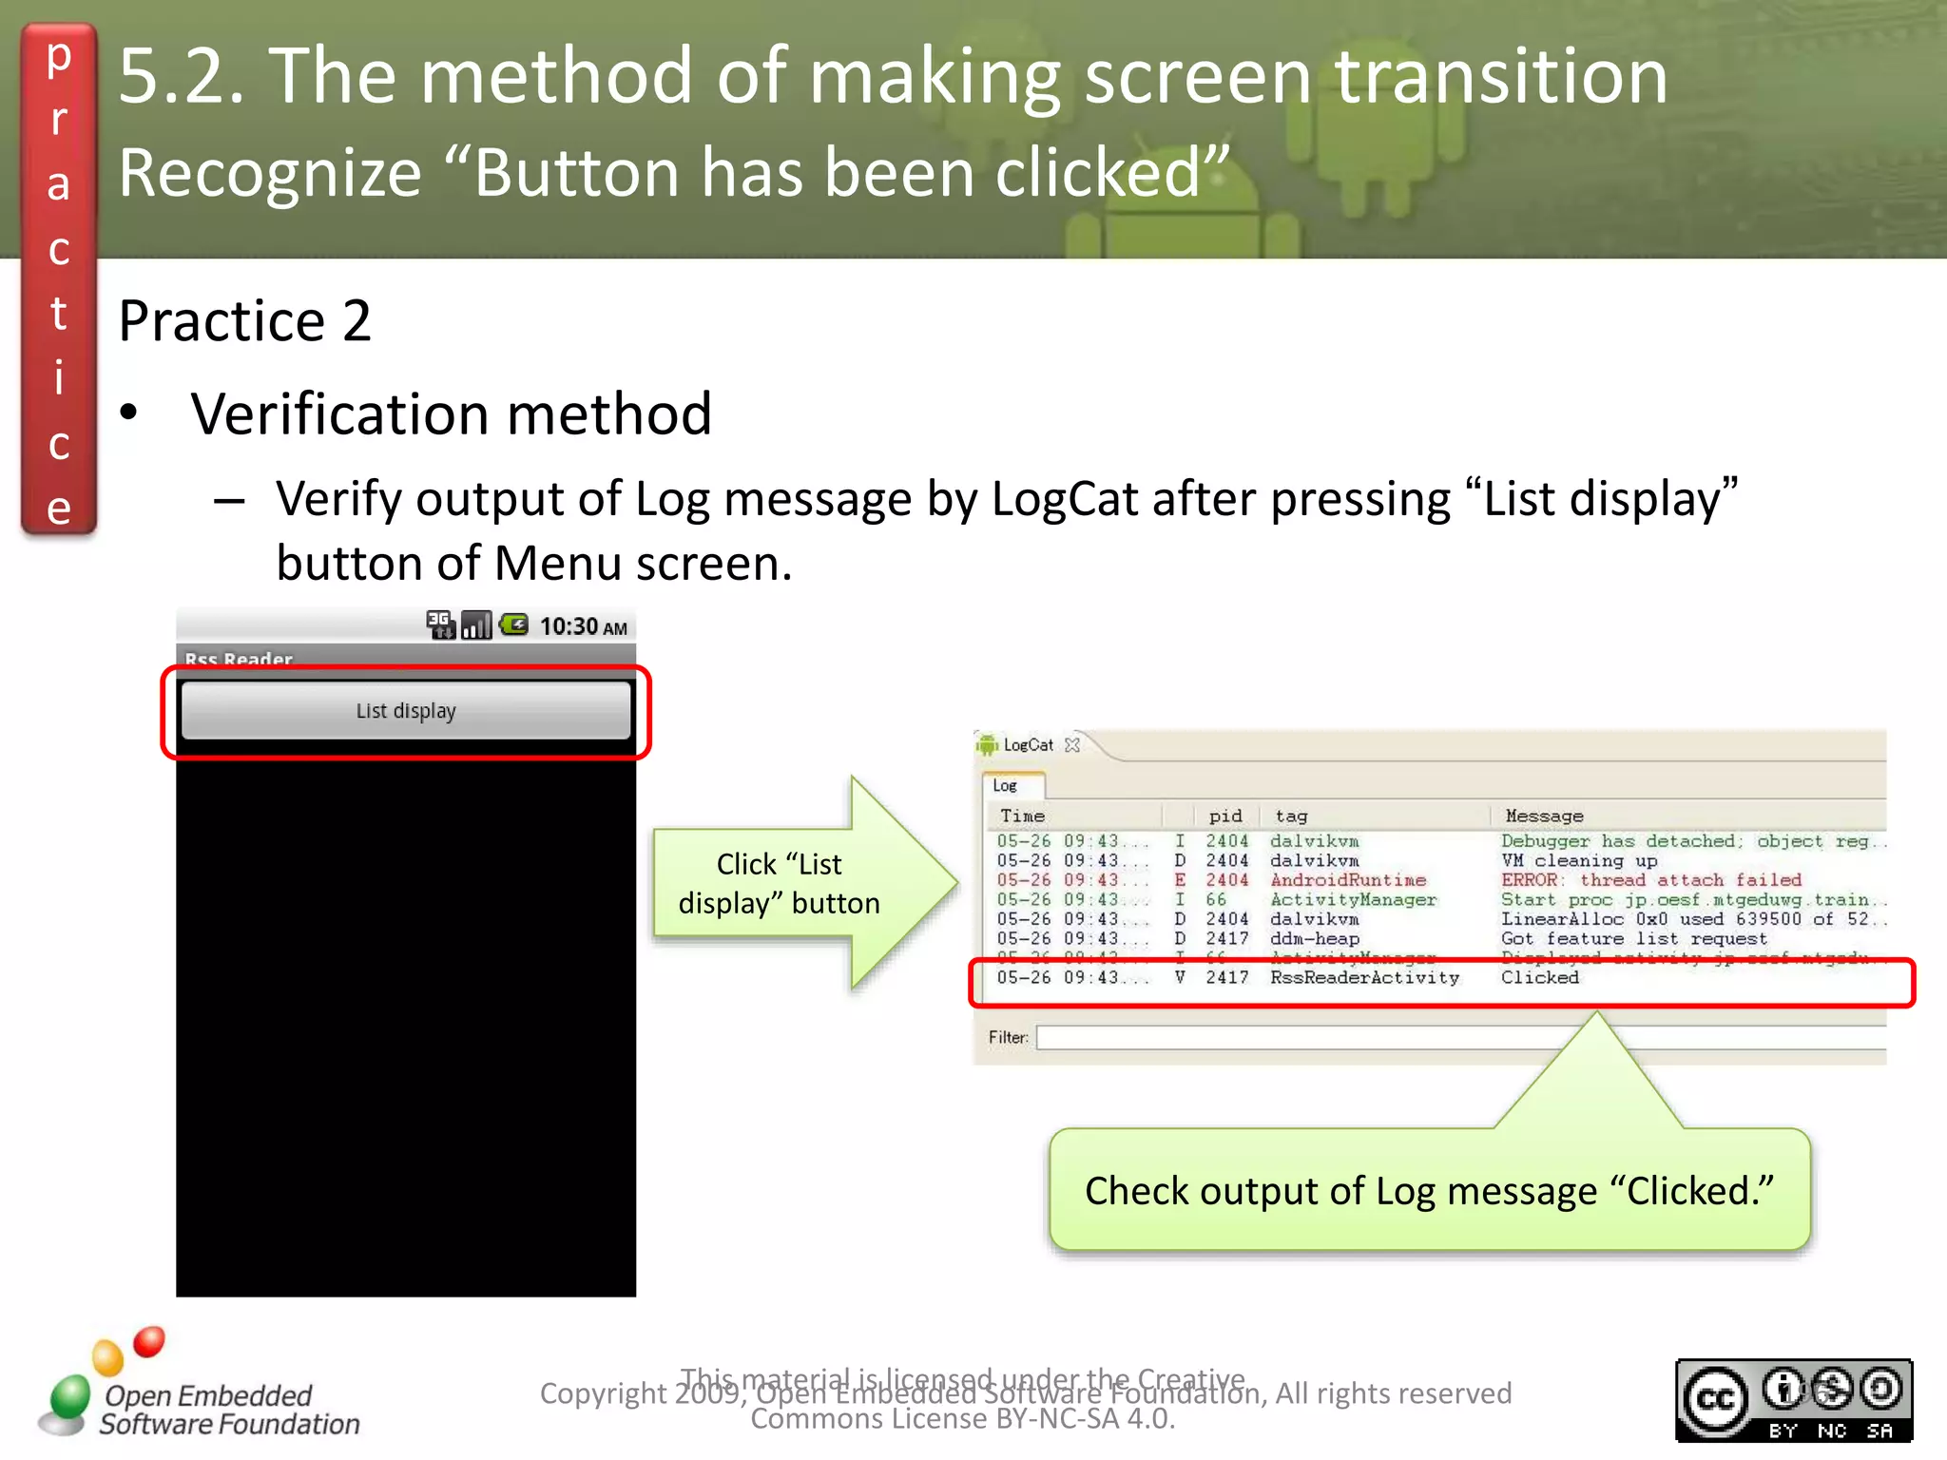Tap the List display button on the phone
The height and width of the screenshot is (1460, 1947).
pyautogui.click(x=406, y=711)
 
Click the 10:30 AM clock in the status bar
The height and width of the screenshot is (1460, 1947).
pyautogui.click(x=583, y=626)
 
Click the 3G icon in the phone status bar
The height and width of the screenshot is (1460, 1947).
pyautogui.click(x=440, y=624)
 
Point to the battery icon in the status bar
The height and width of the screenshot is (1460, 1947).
pyautogui.click(x=514, y=624)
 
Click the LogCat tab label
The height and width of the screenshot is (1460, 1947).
pyautogui.click(x=1027, y=745)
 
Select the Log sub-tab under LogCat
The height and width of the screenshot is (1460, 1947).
pyautogui.click(x=1006, y=786)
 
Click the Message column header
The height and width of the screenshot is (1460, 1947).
pyautogui.click(x=1544, y=816)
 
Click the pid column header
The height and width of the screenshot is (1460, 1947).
pyautogui.click(x=1224, y=816)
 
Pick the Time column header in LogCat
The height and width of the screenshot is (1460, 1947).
pyautogui.click(x=1022, y=816)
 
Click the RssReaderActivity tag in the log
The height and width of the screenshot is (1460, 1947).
pyautogui.click(x=1364, y=977)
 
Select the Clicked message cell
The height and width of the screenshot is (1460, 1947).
pyautogui.click(x=1539, y=977)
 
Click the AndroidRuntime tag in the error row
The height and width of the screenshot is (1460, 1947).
pyautogui.click(x=1347, y=880)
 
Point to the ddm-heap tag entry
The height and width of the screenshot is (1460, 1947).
pyautogui.click(x=1314, y=938)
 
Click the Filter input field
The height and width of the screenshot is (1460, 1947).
pyautogui.click(x=1455, y=1037)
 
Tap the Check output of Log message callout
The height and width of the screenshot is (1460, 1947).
pyautogui.click(x=1429, y=1190)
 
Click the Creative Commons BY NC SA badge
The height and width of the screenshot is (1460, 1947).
pyautogui.click(x=1793, y=1400)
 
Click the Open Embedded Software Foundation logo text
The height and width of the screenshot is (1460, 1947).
pyautogui.click(x=228, y=1410)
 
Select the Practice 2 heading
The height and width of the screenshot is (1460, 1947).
pyautogui.click(x=244, y=320)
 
